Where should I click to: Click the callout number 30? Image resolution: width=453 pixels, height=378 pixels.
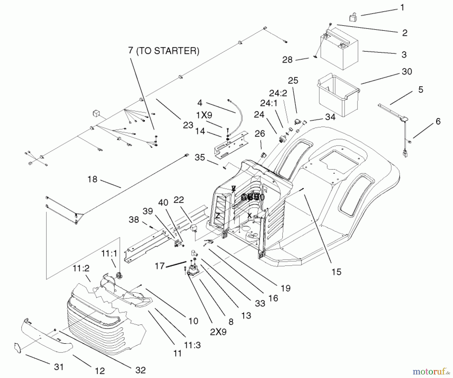click(x=407, y=72)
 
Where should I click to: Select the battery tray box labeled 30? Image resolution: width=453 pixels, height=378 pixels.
click(x=337, y=96)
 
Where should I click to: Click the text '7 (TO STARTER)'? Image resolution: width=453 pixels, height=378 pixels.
click(x=164, y=51)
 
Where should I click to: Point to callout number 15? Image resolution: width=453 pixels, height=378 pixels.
click(x=336, y=272)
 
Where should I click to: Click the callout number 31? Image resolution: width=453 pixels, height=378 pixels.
click(x=59, y=367)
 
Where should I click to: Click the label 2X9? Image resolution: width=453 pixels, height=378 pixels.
click(x=218, y=332)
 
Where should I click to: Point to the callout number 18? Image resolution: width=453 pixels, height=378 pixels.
click(x=92, y=179)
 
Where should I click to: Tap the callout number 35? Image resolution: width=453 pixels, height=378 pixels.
click(x=200, y=158)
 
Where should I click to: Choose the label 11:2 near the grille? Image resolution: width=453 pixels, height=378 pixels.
click(x=81, y=268)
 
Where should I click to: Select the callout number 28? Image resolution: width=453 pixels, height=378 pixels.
click(x=287, y=60)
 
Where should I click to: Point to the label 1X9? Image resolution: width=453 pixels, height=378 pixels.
click(x=204, y=115)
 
